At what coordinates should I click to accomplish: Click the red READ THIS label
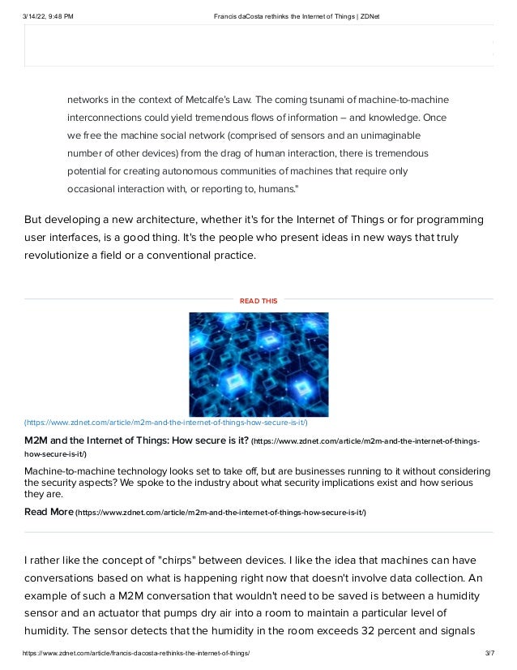pyautogui.click(x=258, y=301)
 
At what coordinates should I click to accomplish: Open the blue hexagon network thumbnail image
pyautogui.click(x=258, y=364)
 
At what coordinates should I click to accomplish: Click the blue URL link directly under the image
pyautogui.click(x=166, y=423)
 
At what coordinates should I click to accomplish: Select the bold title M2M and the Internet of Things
pyautogui.click(x=136, y=440)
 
